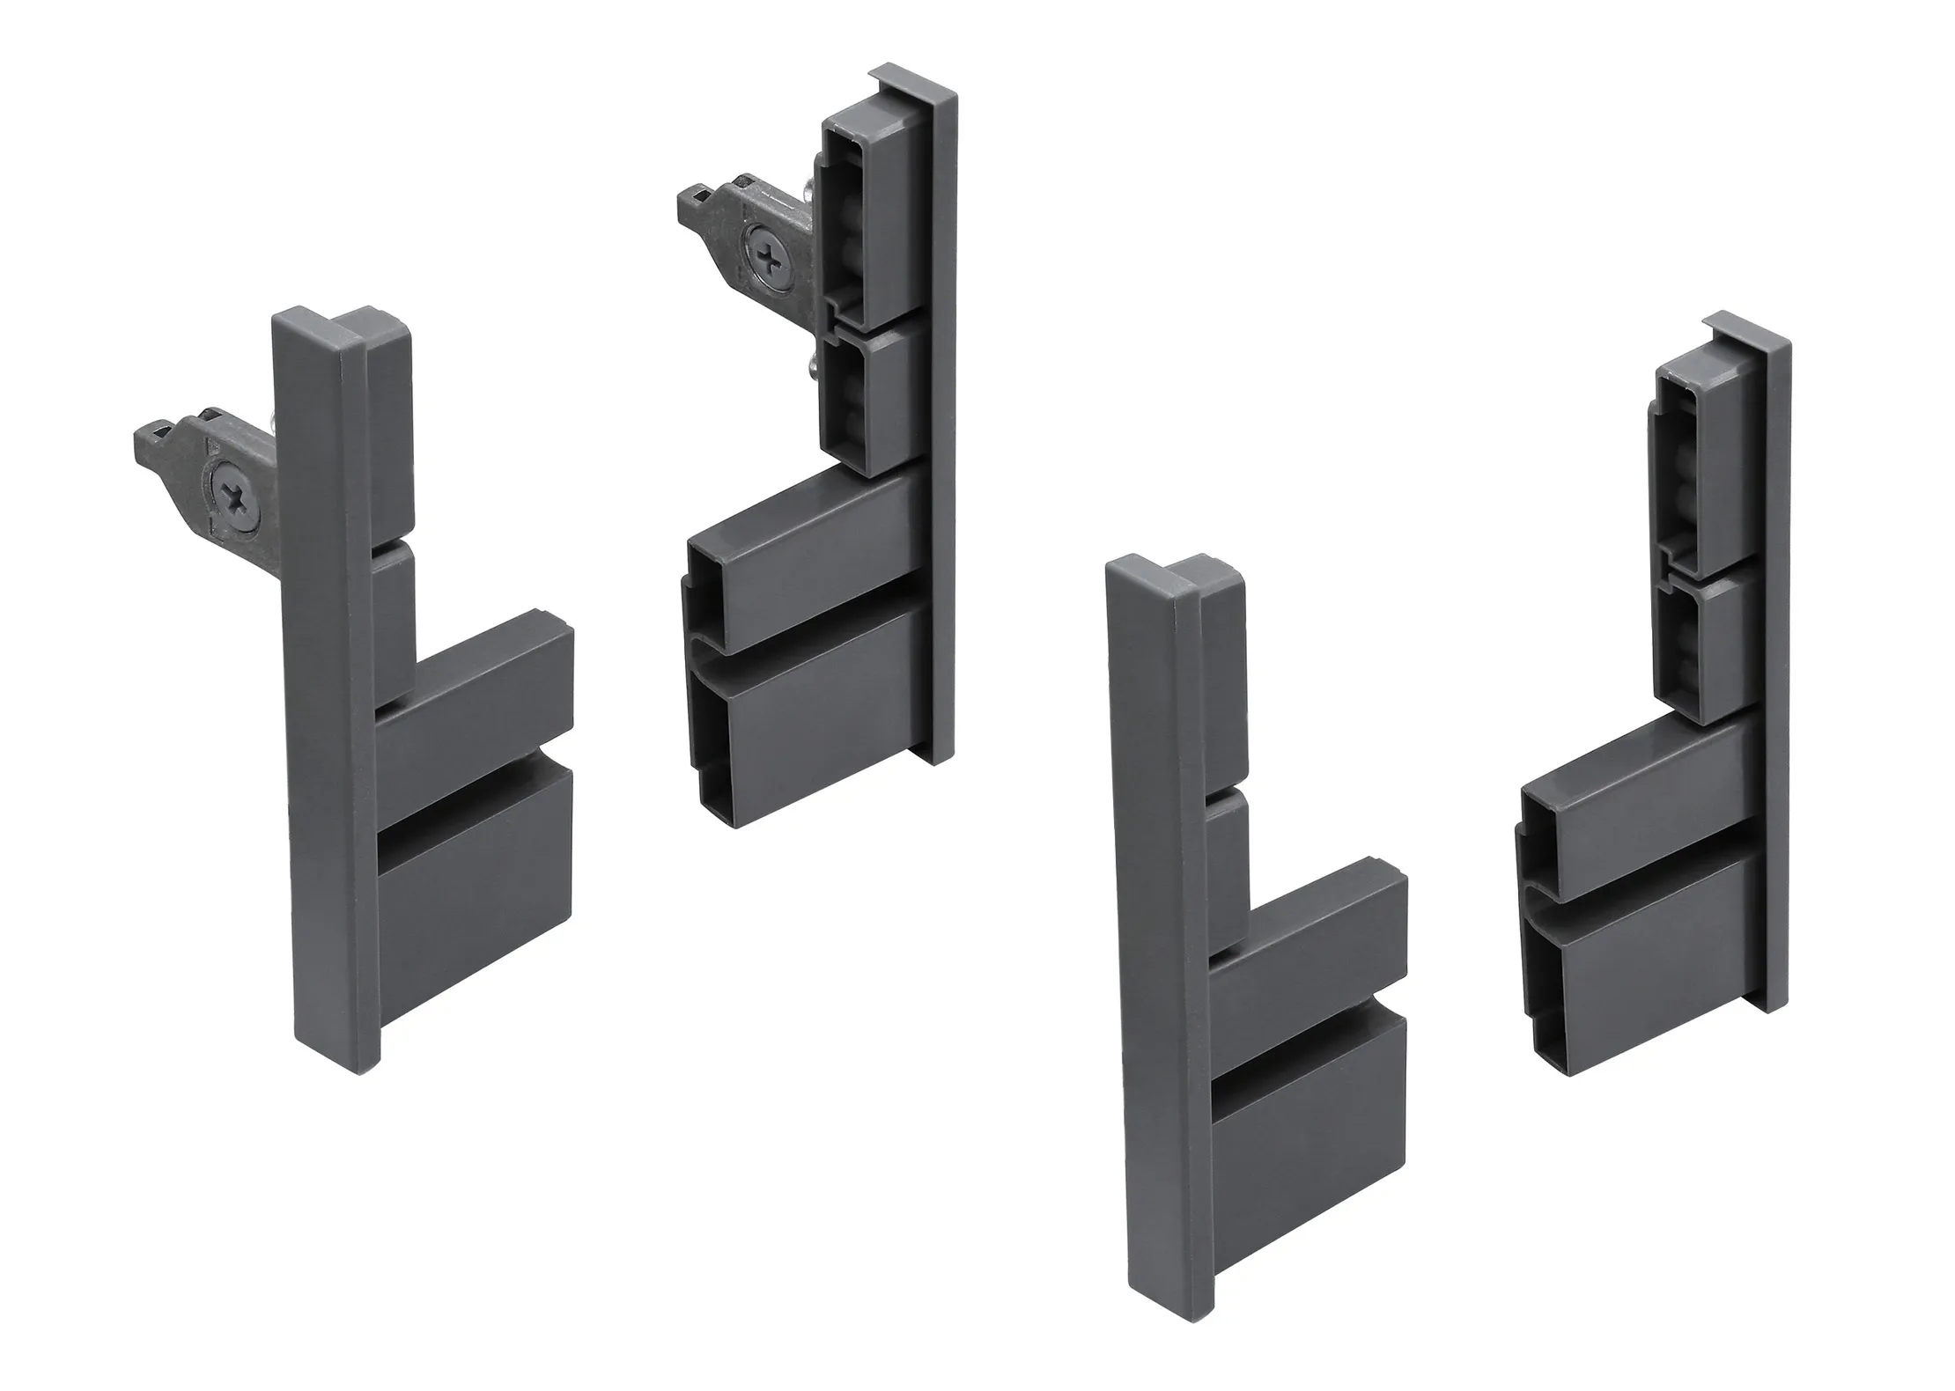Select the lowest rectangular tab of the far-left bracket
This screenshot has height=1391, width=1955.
click(x=476, y=889)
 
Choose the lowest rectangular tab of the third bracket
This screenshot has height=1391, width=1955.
click(x=1308, y=1144)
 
